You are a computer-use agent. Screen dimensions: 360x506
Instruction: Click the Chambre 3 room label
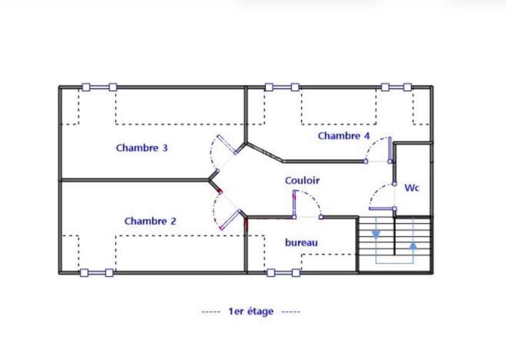tap(142, 148)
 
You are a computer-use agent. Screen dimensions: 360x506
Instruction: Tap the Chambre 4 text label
tap(343, 136)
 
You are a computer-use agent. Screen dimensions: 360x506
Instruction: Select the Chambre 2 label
tap(150, 221)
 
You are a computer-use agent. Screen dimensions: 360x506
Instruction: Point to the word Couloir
tap(302, 181)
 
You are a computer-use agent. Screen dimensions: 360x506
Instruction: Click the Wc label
tap(412, 188)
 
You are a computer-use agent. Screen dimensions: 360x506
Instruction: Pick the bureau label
tap(301, 242)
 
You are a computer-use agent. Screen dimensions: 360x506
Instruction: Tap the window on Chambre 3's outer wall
tap(99, 87)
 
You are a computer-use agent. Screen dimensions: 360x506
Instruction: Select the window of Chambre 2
tap(96, 273)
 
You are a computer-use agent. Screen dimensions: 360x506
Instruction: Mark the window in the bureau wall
tap(283, 273)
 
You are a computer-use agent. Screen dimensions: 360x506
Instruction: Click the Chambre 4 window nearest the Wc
tap(397, 87)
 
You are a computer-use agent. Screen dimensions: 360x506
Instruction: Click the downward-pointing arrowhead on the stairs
tap(376, 234)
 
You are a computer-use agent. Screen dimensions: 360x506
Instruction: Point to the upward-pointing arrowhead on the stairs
tap(413, 245)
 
